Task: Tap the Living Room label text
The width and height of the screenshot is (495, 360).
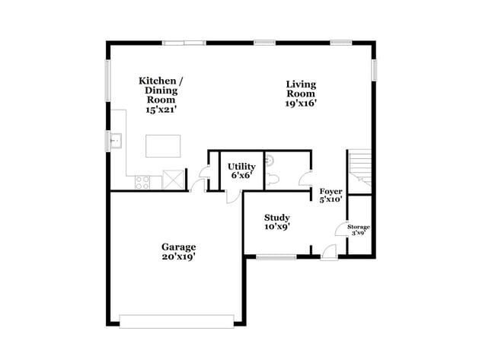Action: tap(301, 94)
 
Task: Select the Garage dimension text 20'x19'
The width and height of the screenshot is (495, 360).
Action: tap(178, 256)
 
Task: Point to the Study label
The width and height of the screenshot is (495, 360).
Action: tap(276, 221)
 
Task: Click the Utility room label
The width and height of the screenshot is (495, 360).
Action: tap(241, 171)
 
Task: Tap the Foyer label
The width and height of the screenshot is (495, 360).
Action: tap(330, 195)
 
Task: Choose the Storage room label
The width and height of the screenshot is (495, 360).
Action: tap(358, 230)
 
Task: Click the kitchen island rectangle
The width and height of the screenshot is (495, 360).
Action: tap(163, 145)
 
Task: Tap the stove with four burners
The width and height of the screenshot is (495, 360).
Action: tap(142, 181)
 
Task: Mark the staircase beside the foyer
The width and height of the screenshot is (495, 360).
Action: tap(359, 169)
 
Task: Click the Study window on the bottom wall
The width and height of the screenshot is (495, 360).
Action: tap(276, 256)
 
